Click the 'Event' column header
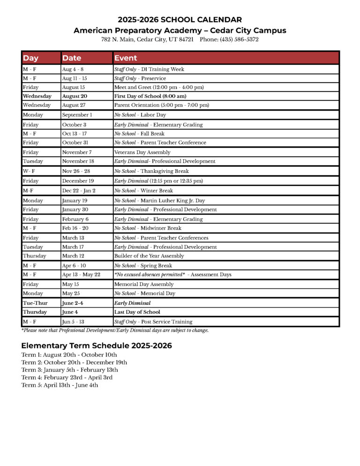tap(126, 58)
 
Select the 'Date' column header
tap(72, 58)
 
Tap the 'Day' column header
tap(31, 58)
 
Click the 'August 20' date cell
tap(75, 96)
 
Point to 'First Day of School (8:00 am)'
tap(150, 96)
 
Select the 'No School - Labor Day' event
tap(140, 115)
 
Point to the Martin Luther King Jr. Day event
tap(159, 201)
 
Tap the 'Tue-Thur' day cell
tap(35, 303)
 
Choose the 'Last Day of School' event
tap(137, 312)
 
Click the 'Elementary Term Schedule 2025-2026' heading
tap(97, 346)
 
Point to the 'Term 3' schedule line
tap(70, 370)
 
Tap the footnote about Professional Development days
tap(115, 330)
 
